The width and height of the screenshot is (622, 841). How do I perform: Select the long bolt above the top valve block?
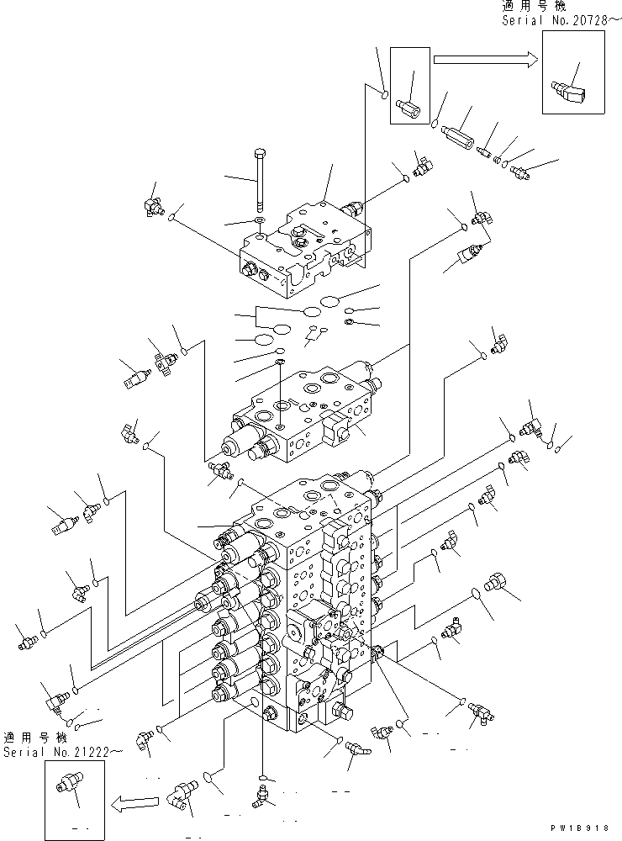[259, 180]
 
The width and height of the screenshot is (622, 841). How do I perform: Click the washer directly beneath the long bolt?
[259, 222]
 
